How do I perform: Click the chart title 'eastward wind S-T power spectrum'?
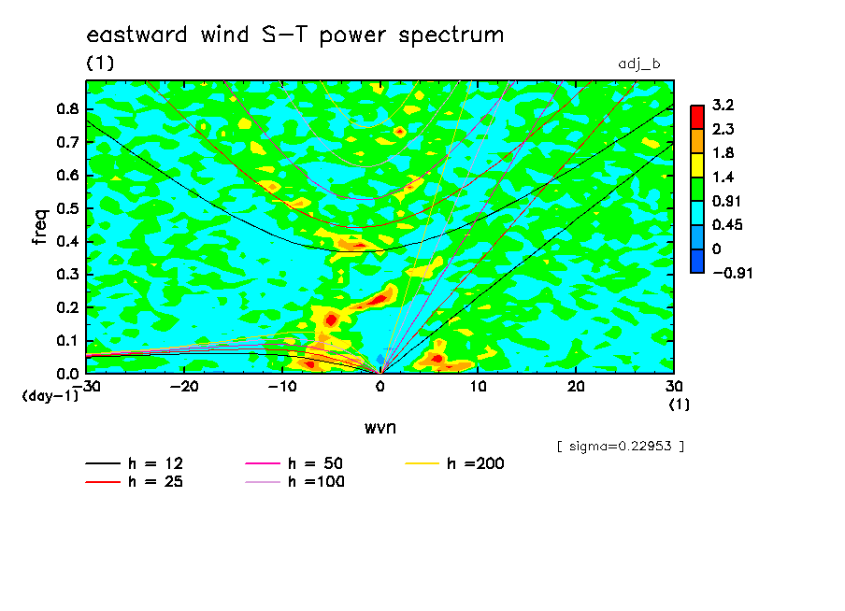(294, 35)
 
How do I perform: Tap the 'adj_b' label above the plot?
(639, 64)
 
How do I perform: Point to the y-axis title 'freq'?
(40, 227)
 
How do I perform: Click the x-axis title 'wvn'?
(380, 428)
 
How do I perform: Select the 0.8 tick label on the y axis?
(67, 108)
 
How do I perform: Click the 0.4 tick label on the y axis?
(67, 241)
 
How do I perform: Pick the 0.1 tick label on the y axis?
(67, 341)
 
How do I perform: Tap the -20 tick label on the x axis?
(184, 387)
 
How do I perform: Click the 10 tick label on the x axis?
(478, 387)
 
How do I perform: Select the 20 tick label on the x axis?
(576, 387)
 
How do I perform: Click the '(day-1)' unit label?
(50, 396)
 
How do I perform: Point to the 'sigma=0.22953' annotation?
(621, 447)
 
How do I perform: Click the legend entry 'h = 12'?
(135, 463)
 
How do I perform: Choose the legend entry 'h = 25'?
(135, 482)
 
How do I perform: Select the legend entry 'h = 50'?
(294, 463)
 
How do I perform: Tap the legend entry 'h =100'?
(294, 482)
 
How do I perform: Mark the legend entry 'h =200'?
(454, 463)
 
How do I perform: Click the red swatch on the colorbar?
(697, 117)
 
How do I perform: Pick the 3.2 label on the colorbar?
(723, 105)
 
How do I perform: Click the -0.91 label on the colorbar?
(733, 273)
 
